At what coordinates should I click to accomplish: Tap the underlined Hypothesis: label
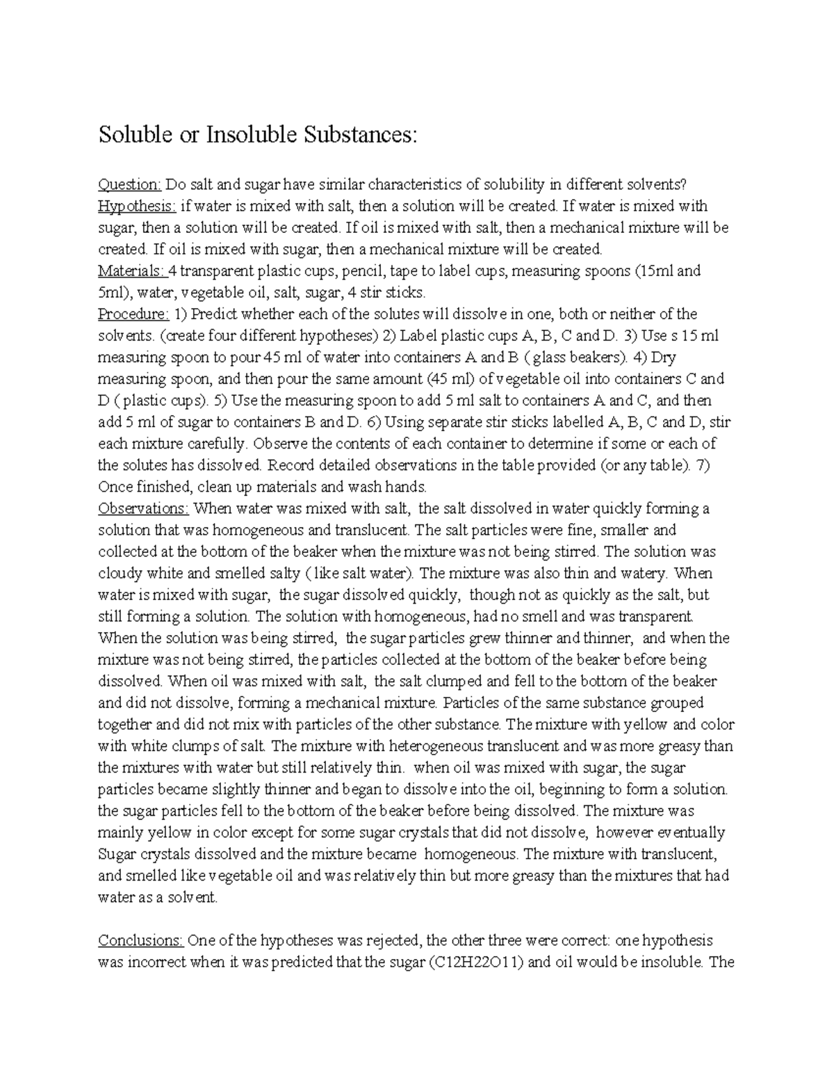click(136, 206)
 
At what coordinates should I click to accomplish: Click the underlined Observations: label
click(142, 508)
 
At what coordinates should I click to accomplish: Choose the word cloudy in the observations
click(120, 574)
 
